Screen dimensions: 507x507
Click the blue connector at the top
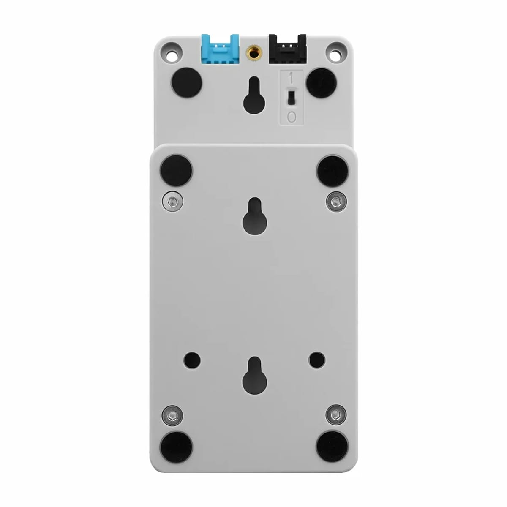tap(220, 49)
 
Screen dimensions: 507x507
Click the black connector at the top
tap(287, 49)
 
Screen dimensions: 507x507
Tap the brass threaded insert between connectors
tap(253, 52)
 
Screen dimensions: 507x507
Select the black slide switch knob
tap(291, 97)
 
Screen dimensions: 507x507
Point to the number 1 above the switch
tap(291, 78)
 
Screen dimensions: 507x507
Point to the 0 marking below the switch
tap(291, 117)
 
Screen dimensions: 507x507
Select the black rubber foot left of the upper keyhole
tap(187, 83)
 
